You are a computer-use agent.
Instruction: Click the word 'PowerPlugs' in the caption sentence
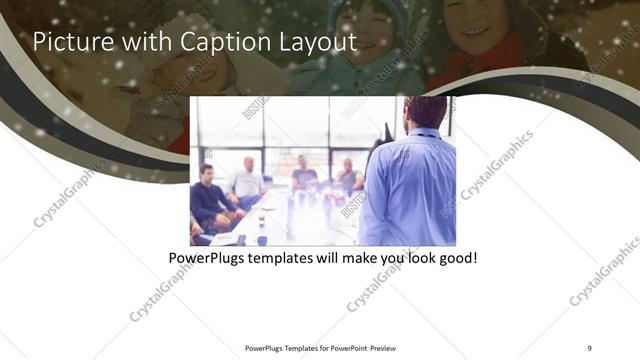click(x=208, y=258)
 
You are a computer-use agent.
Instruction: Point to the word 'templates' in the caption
click(x=286, y=258)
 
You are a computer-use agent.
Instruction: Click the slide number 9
click(x=589, y=347)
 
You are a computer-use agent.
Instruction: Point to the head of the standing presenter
click(x=426, y=112)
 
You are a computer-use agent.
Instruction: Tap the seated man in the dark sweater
click(x=208, y=195)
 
